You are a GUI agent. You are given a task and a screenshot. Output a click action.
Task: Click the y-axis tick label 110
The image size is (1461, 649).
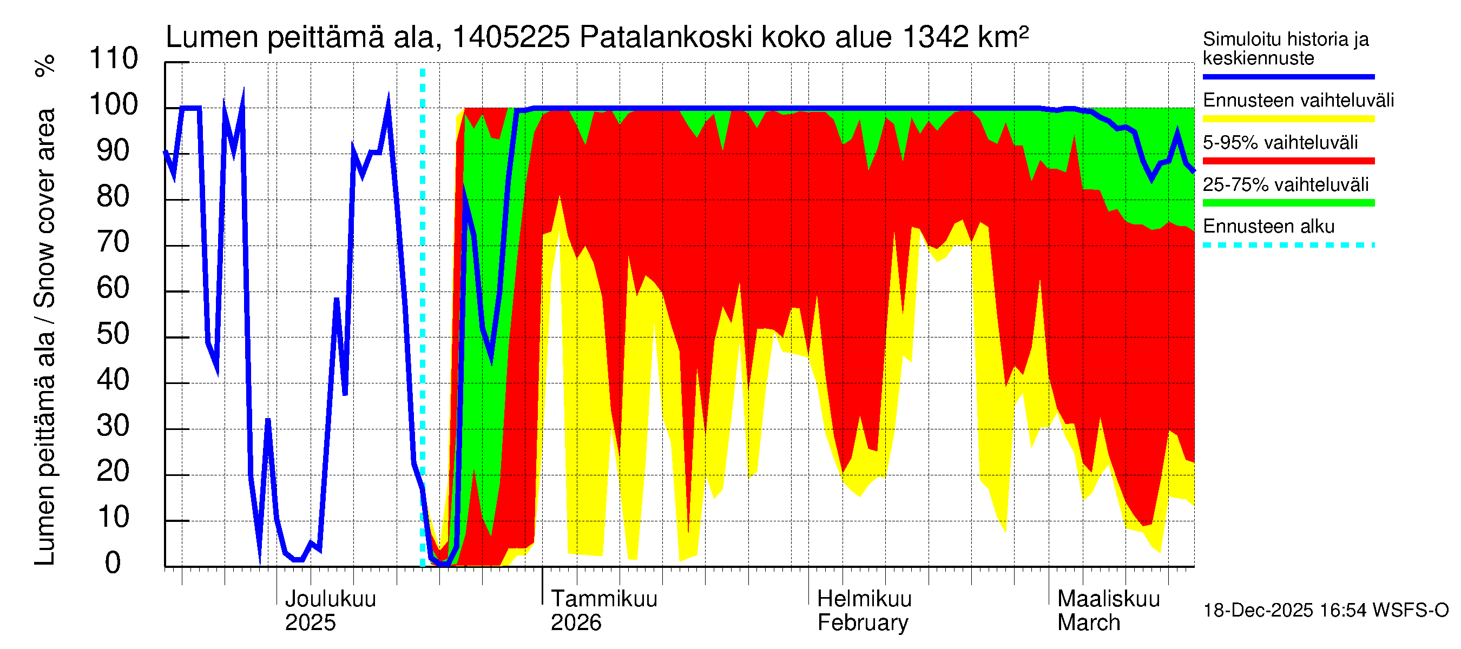pyautogui.click(x=114, y=59)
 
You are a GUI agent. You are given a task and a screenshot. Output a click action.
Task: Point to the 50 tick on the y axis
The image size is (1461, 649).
pyautogui.click(x=114, y=334)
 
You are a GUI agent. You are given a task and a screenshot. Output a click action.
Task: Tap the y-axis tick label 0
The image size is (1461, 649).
pyautogui.click(x=113, y=564)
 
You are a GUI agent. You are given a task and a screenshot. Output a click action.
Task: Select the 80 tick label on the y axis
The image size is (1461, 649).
pyautogui.click(x=114, y=197)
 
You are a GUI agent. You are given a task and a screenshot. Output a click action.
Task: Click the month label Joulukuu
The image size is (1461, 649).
pyautogui.click(x=330, y=599)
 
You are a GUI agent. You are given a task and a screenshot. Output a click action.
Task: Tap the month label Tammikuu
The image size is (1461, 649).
pyautogui.click(x=604, y=599)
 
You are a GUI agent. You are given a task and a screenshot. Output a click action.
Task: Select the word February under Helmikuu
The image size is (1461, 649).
pyautogui.click(x=862, y=623)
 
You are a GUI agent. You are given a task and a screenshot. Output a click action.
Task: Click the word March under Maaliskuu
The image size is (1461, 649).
pyautogui.click(x=1088, y=623)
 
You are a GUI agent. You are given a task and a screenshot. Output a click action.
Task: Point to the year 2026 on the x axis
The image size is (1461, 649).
pyautogui.click(x=576, y=623)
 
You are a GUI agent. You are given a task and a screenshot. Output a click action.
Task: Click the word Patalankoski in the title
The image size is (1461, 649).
pyautogui.click(x=666, y=37)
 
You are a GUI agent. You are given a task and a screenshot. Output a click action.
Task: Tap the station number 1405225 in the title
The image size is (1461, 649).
pyautogui.click(x=510, y=37)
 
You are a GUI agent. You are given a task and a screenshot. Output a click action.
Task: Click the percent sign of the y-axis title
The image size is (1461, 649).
pyautogui.click(x=45, y=66)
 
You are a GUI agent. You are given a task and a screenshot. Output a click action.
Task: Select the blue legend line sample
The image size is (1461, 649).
pyautogui.click(x=1288, y=76)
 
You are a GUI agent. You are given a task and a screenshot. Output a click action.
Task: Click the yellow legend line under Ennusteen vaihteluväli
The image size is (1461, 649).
pyautogui.click(x=1288, y=119)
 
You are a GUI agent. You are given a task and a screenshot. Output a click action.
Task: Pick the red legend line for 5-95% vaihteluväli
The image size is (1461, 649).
pyautogui.click(x=1288, y=161)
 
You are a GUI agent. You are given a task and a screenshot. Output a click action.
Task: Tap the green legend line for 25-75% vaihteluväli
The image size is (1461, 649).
pyautogui.click(x=1288, y=203)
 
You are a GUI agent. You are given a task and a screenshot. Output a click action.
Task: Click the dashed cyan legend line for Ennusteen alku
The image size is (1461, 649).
pyautogui.click(x=1288, y=246)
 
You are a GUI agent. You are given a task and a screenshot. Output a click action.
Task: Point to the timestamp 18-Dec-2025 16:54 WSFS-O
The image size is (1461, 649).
pyautogui.click(x=1325, y=611)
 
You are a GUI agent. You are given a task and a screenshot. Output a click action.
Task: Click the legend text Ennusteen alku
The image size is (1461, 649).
pyautogui.click(x=1269, y=227)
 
